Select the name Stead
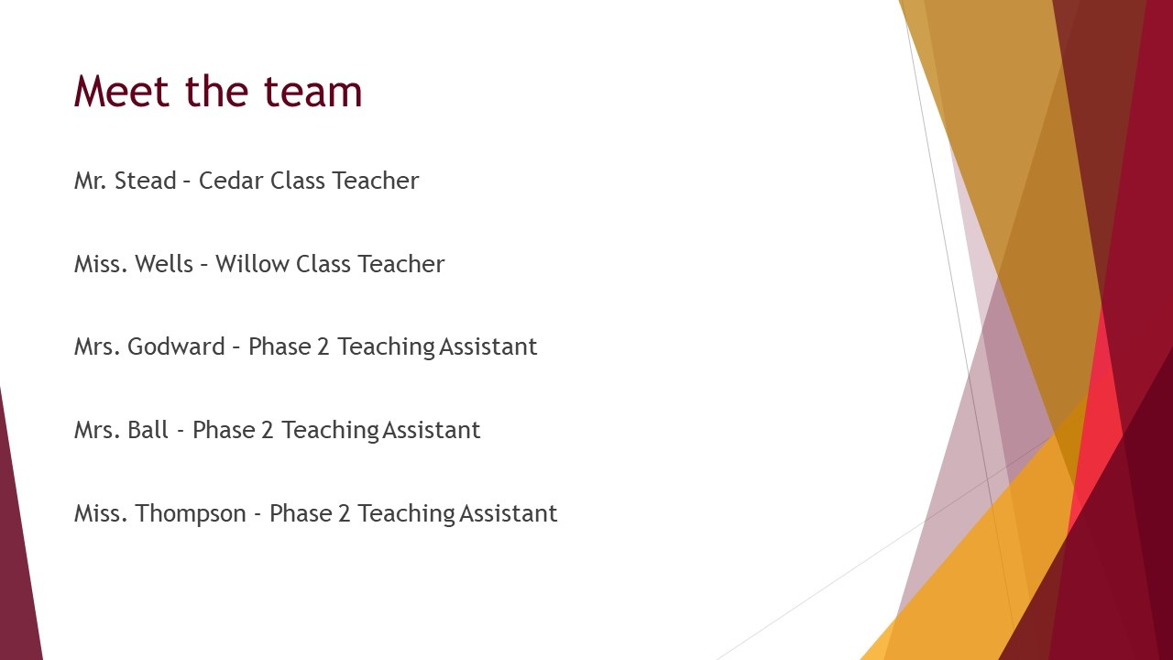(x=145, y=181)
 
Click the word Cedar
(x=230, y=181)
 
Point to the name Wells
(x=164, y=264)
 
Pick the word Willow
(x=252, y=264)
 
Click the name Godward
(x=176, y=346)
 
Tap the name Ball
(x=148, y=430)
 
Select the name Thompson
(x=191, y=514)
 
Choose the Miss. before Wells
(x=101, y=264)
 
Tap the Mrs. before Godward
(x=97, y=346)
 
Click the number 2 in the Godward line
(x=323, y=346)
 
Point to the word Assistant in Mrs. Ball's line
(x=431, y=430)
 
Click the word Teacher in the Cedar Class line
(x=376, y=181)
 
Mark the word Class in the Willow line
(x=323, y=264)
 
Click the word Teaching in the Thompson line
(x=406, y=514)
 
